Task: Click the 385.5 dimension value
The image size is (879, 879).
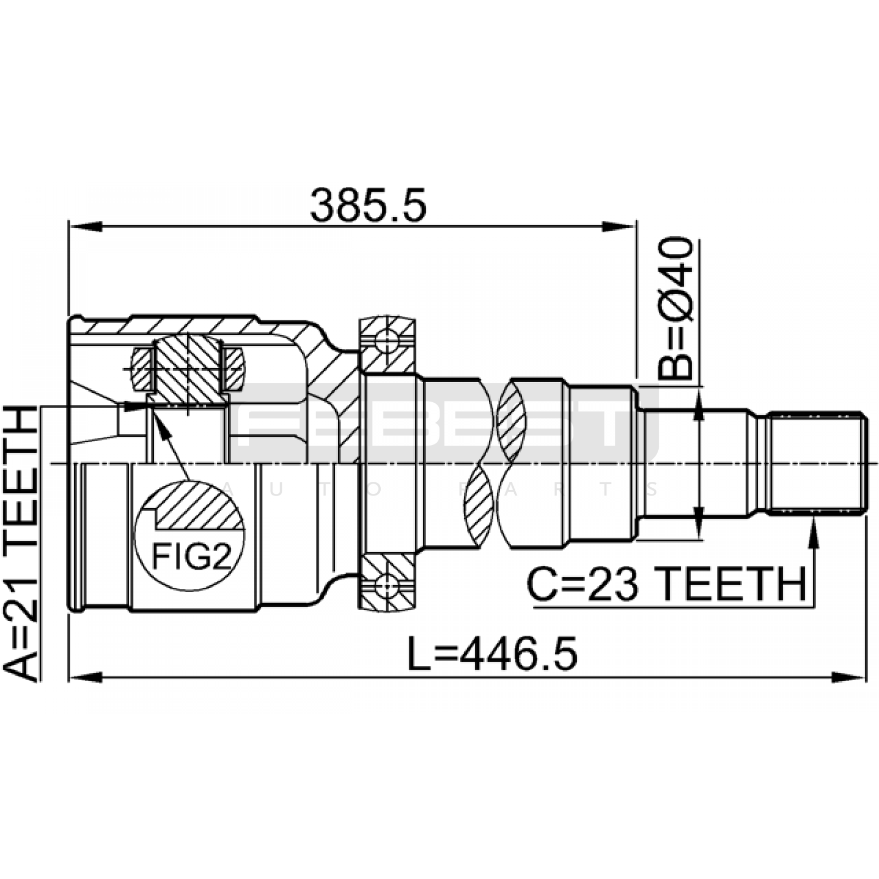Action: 368,205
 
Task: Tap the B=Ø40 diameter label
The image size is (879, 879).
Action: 676,309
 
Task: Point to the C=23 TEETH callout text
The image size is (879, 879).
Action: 666,584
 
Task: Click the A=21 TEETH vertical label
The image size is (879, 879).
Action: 21,544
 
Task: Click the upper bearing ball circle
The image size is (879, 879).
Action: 387,341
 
